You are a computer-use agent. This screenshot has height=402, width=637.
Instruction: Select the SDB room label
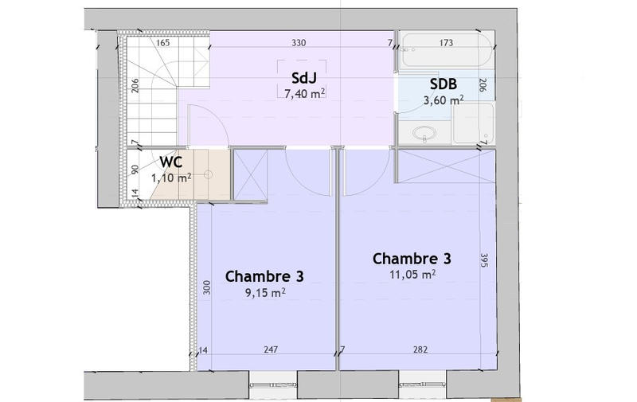[x=444, y=84]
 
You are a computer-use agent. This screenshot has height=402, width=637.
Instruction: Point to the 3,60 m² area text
[x=444, y=100]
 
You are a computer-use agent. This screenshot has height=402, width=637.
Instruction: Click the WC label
[x=172, y=162]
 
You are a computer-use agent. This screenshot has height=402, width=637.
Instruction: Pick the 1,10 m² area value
[x=172, y=178]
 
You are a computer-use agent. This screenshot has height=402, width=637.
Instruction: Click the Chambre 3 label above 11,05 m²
[x=412, y=259]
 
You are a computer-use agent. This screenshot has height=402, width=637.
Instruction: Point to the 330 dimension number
[x=299, y=42]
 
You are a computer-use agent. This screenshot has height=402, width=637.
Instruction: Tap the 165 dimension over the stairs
[x=163, y=42]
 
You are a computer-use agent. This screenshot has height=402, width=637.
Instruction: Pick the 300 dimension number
[x=205, y=287]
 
